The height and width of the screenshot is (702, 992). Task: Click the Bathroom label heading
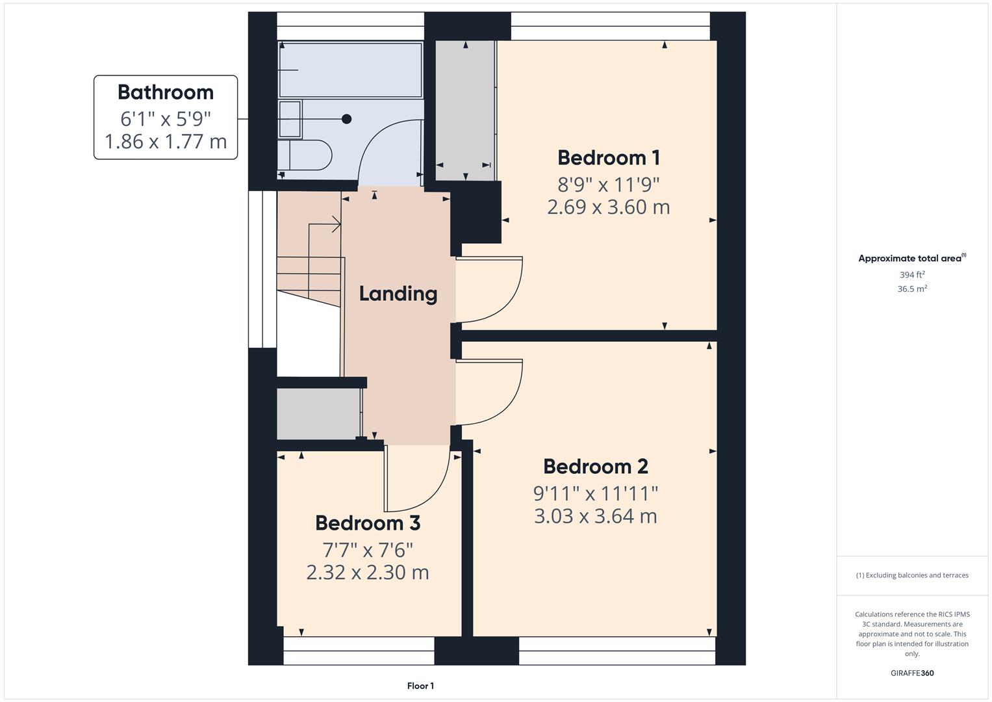coord(165,92)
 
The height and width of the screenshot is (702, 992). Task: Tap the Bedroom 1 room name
coord(609,157)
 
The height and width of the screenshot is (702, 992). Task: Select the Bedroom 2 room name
coord(595,466)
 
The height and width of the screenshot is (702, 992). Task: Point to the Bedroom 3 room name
coord(368,523)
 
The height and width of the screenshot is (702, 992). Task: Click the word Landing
coord(398,293)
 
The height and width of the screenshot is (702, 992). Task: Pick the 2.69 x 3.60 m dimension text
coord(609,207)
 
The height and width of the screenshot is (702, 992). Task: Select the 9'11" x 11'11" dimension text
coord(595,493)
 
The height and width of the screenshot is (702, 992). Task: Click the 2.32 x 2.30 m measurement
coord(368,572)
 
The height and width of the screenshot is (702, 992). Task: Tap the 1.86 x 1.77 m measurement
coord(166,141)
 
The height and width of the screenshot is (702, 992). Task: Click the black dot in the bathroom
coord(347,119)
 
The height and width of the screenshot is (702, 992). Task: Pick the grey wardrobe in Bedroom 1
coord(465,110)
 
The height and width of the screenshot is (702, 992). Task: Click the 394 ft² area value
coord(912,275)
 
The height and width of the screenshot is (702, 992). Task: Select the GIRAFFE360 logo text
coord(912,673)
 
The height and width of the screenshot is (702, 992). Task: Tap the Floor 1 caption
coord(420,686)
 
